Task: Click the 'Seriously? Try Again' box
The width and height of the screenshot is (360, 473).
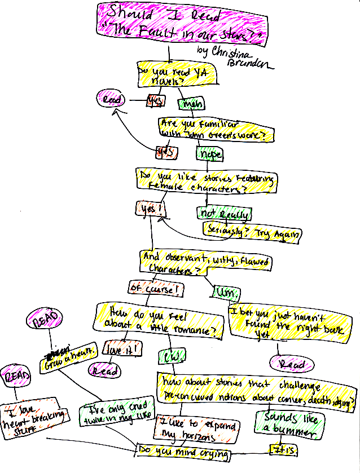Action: [252, 232]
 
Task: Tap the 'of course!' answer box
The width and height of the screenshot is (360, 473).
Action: [155, 289]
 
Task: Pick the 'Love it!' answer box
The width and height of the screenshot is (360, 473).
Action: [122, 350]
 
